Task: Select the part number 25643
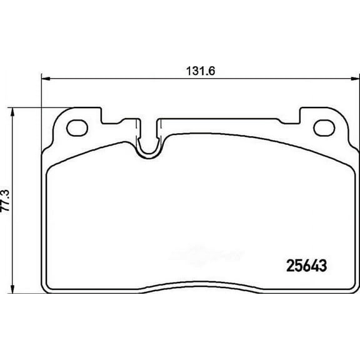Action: point(298,265)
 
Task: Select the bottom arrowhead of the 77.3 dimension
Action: point(14,291)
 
